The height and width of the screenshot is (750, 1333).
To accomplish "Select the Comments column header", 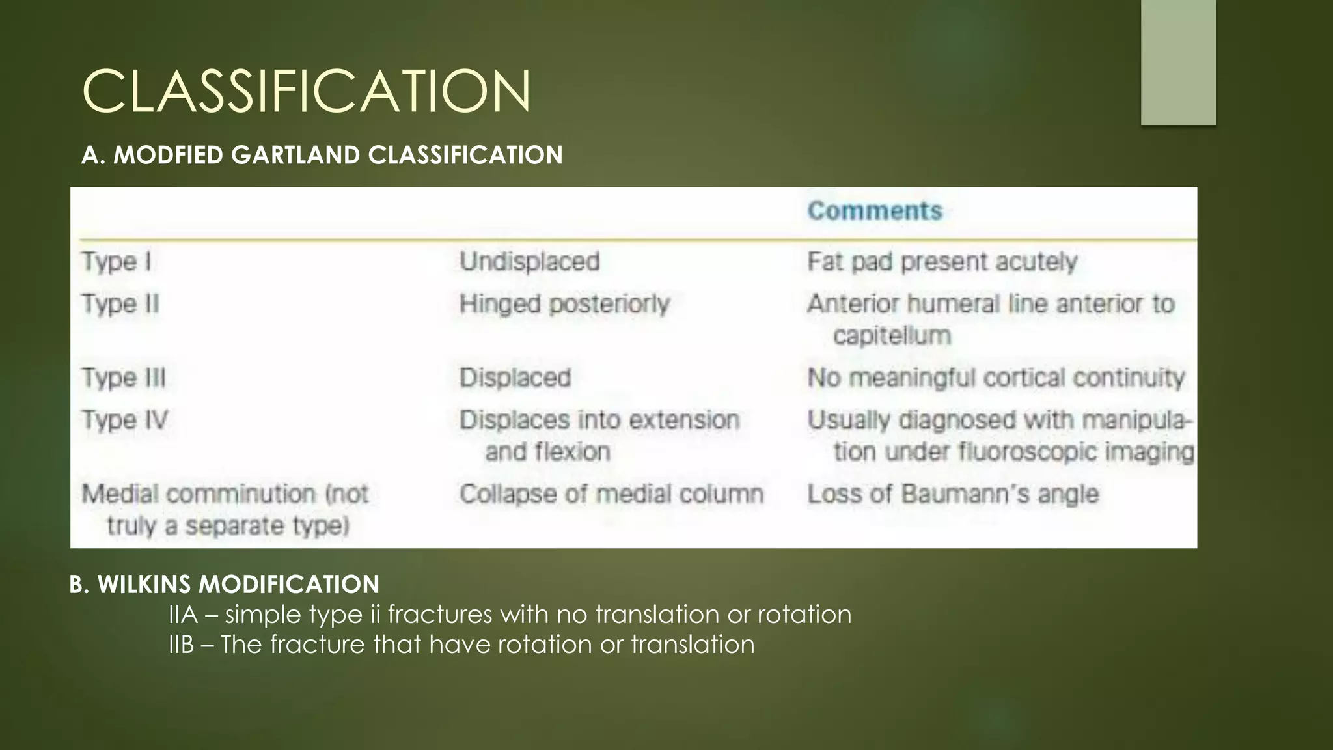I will click(874, 211).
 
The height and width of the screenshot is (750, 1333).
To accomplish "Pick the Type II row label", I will click(120, 304).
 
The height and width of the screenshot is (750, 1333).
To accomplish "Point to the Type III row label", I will click(123, 378).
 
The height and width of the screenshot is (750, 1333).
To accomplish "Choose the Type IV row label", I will click(124, 420).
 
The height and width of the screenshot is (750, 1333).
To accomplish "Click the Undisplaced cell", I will click(529, 262).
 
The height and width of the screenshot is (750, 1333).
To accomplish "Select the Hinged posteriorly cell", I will click(564, 304).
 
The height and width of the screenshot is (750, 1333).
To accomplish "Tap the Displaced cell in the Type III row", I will click(515, 378).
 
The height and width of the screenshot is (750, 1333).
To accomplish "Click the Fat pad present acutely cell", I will click(942, 262).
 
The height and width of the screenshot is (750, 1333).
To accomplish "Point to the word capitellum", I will click(892, 336).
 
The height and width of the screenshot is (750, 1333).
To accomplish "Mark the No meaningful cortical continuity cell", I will click(995, 378).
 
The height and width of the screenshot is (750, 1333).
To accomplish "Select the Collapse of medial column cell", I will click(611, 494).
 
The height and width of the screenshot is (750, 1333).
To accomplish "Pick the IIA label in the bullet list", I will click(183, 615).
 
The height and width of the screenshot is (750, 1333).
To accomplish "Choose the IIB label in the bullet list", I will click(182, 645).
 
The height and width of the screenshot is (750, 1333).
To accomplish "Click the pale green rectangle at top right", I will click(1178, 62).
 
